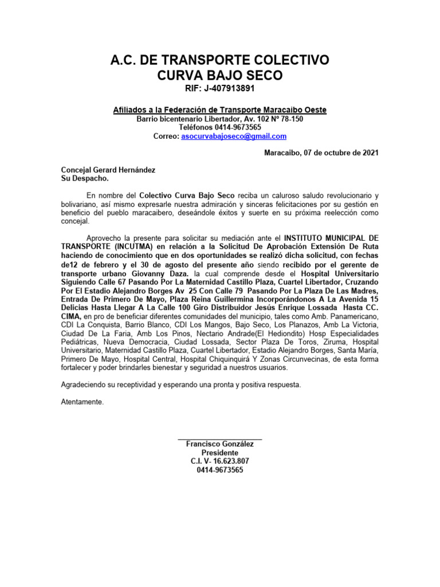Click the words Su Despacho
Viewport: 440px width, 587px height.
pyautogui.click(x=84, y=178)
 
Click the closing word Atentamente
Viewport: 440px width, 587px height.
pyautogui.click(x=82, y=402)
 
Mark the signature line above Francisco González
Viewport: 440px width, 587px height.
pyautogui.click(x=220, y=439)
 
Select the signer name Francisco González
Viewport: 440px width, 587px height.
pyautogui.click(x=220, y=444)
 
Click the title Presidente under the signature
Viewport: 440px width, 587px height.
pyautogui.click(x=220, y=453)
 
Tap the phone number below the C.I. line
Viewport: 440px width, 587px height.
pyautogui.click(x=220, y=470)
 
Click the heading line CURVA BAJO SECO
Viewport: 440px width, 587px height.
pyautogui.click(x=220, y=76)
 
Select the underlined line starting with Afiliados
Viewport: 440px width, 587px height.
pyautogui.click(x=220, y=109)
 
